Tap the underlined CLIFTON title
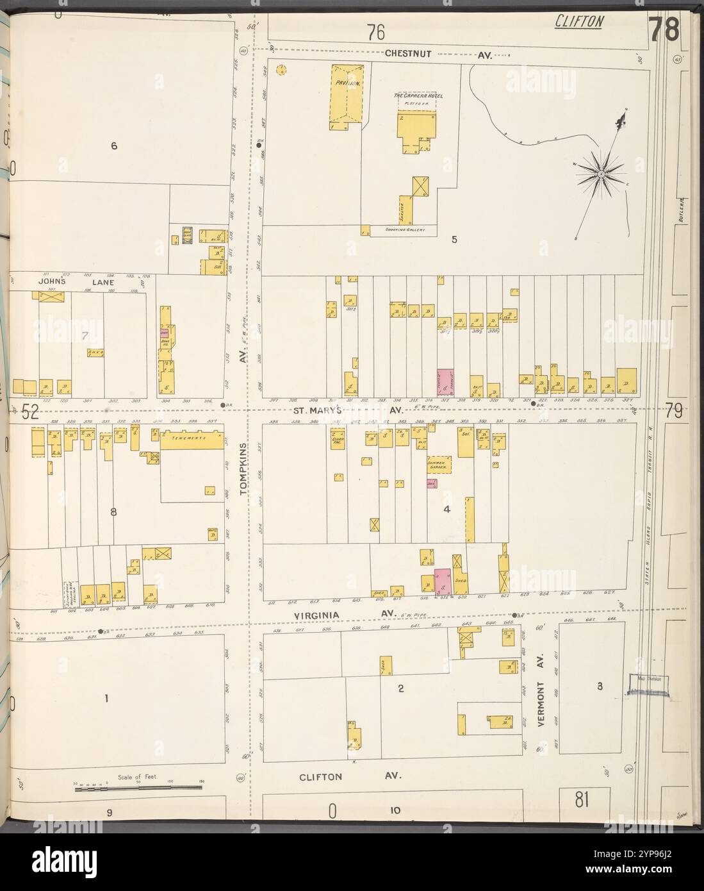[578, 22]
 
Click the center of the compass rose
[602, 172]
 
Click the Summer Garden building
[439, 465]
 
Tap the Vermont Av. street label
[541, 691]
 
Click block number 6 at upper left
[114, 146]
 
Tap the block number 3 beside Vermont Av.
[600, 687]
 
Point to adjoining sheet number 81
[582, 799]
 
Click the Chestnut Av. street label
[438, 55]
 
